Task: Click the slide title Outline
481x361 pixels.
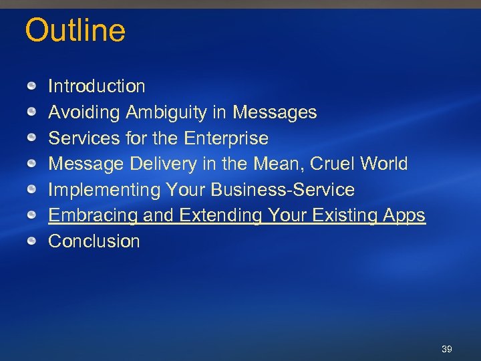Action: [75, 31]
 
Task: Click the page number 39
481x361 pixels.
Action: [447, 350]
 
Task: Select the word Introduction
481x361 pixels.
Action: [96, 86]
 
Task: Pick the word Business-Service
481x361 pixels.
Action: [283, 190]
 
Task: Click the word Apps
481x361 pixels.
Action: [404, 215]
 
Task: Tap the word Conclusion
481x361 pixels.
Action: [94, 241]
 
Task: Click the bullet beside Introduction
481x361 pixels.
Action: [32, 86]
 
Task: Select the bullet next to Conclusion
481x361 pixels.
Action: [32, 241]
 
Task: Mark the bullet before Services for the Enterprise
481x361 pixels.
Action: [32, 138]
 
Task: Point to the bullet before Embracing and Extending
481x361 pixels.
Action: [32, 216]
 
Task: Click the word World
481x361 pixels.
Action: [383, 164]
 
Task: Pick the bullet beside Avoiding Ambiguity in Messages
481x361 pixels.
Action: [32, 112]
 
